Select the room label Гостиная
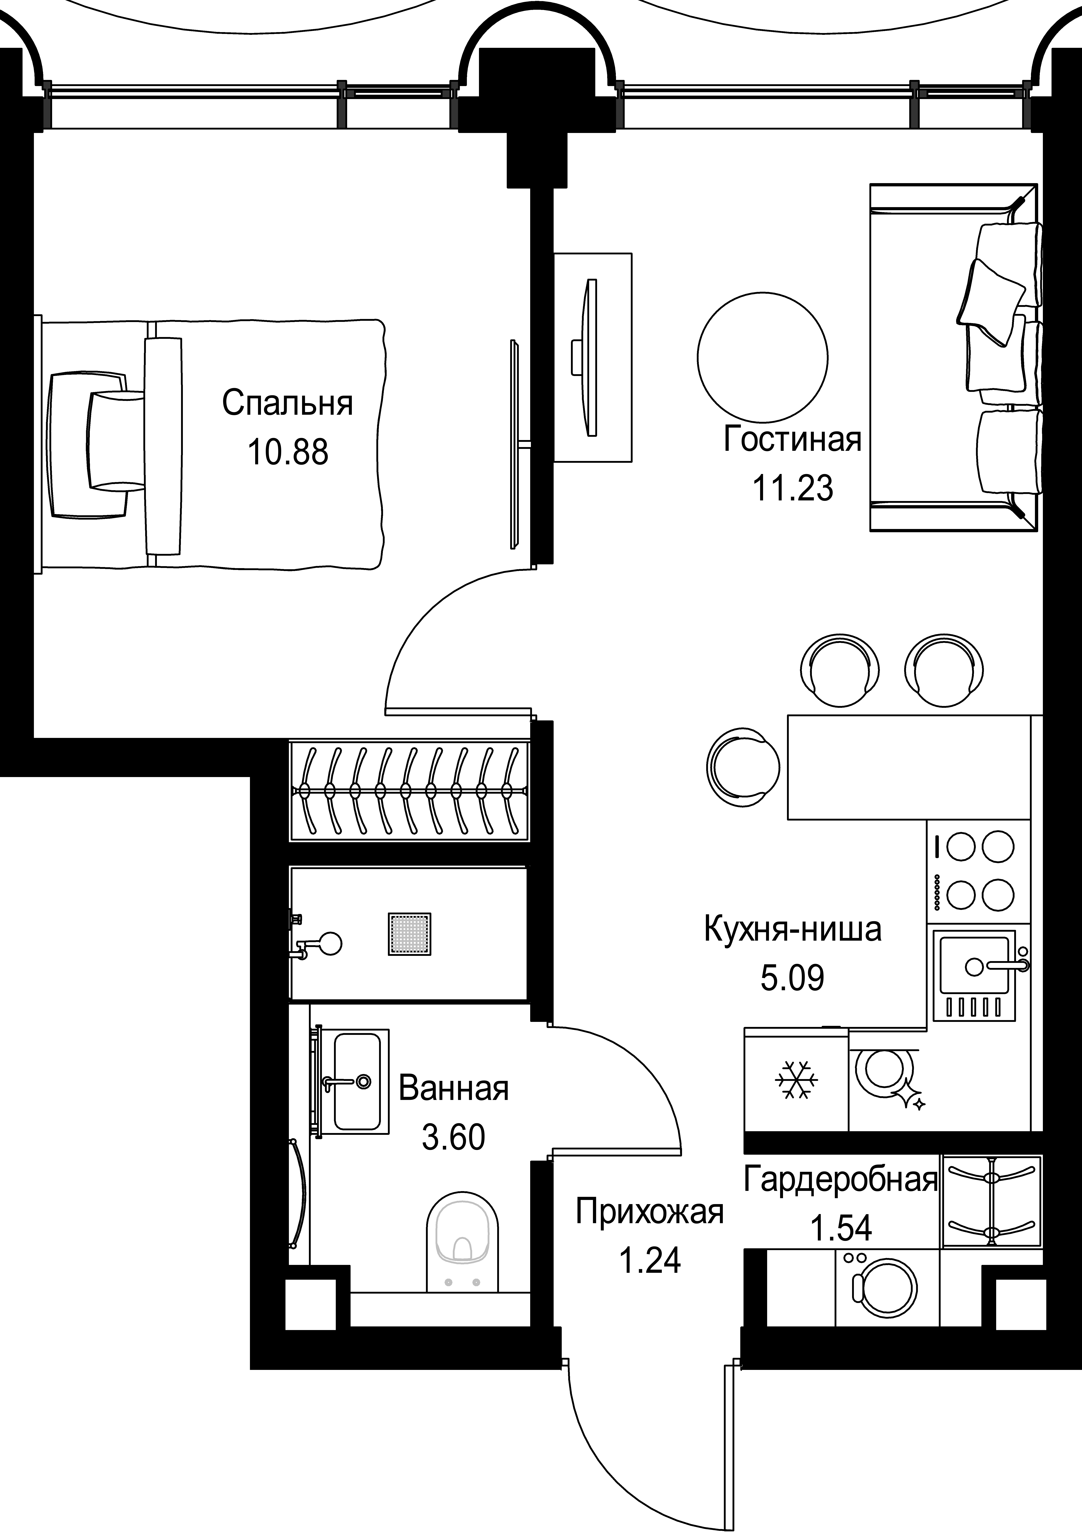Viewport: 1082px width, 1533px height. (x=792, y=440)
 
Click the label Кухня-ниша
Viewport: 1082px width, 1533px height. (x=792, y=929)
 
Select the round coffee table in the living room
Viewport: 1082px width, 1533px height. (x=762, y=357)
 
